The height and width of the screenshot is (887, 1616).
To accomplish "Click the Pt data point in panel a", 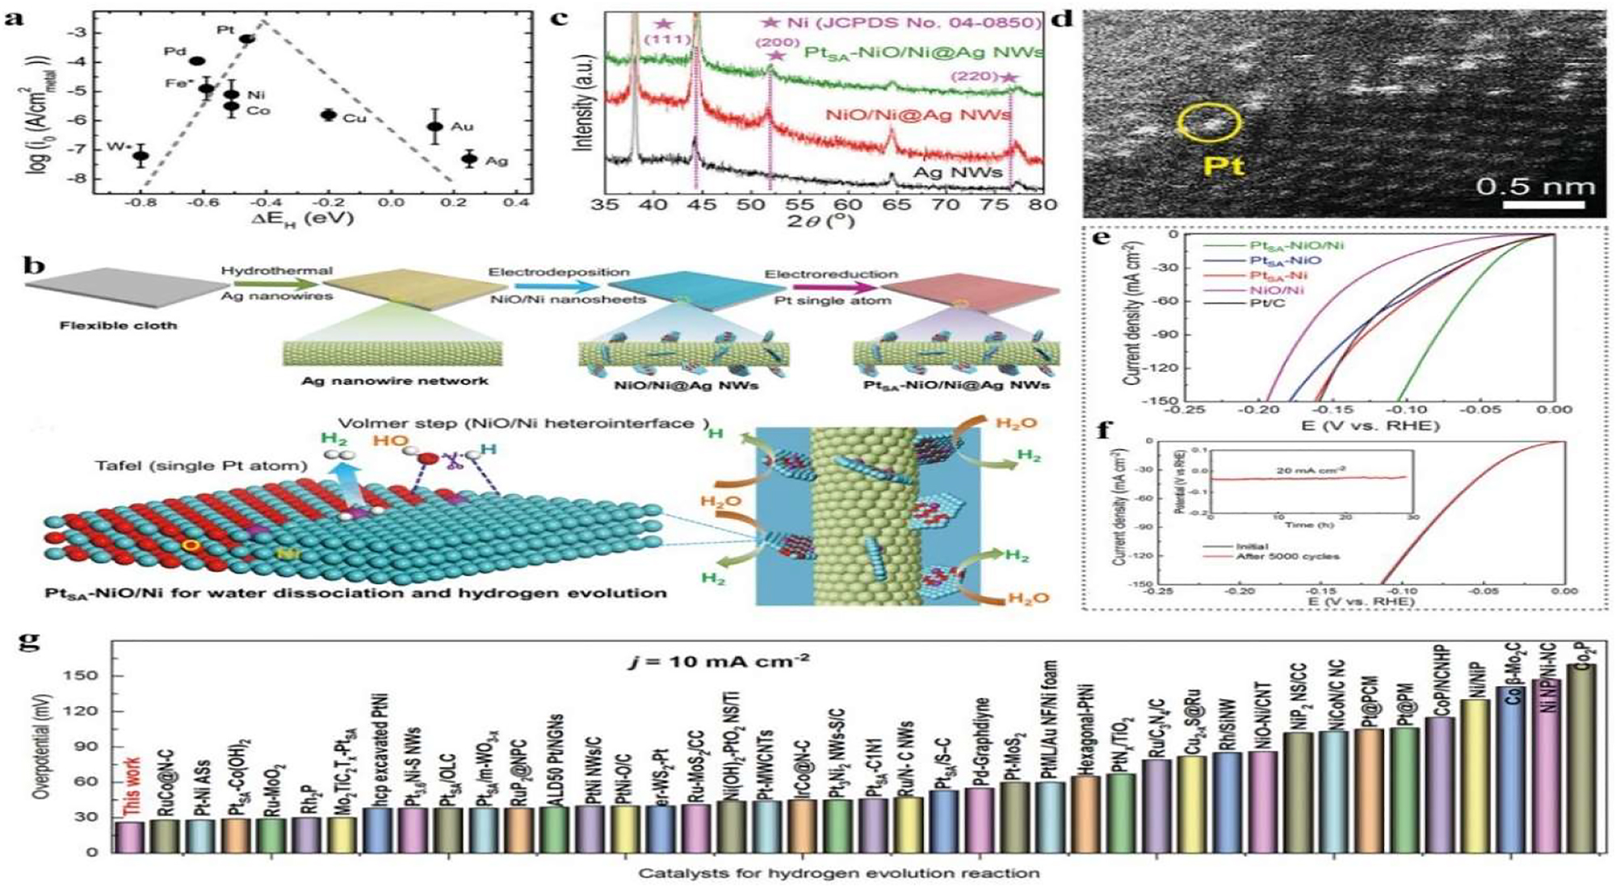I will pyautogui.click(x=247, y=38).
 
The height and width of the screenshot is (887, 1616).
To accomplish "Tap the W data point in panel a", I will pyautogui.click(x=141, y=156).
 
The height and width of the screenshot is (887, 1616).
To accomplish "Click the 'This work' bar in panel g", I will pyautogui.click(x=130, y=836).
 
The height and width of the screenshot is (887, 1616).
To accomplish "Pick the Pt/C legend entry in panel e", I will pyautogui.click(x=1268, y=304).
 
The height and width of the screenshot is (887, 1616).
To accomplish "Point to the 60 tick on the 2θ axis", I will pyautogui.click(x=847, y=205).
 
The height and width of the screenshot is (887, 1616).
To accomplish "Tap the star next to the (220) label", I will pyautogui.click(x=1008, y=77).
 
